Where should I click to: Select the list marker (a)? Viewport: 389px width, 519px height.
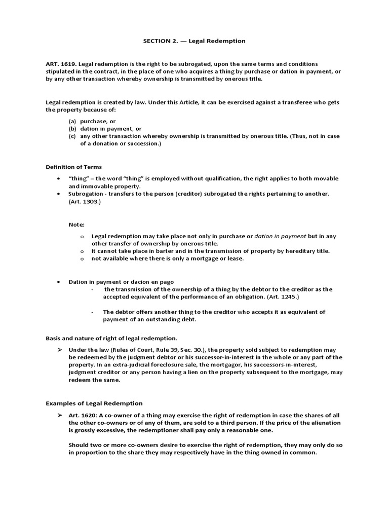point(72,122)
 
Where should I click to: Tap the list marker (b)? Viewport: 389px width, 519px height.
point(72,129)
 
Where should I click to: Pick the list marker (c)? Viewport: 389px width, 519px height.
point(72,136)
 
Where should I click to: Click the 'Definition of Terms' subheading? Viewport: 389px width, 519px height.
point(73,167)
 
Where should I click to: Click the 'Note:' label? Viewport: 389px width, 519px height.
point(76,225)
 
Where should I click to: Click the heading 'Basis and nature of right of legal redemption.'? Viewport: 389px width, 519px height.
point(111,338)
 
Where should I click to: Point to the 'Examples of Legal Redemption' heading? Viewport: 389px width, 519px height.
point(94,403)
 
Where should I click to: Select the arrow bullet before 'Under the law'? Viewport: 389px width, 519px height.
point(59,350)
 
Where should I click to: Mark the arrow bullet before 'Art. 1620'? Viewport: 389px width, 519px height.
point(59,415)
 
